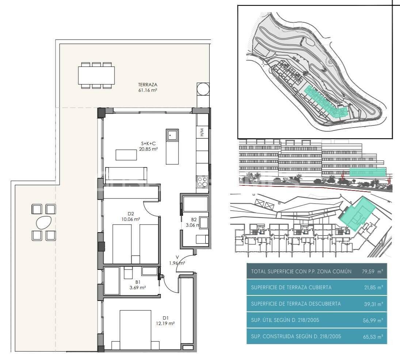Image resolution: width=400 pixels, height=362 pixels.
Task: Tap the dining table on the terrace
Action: point(97,75)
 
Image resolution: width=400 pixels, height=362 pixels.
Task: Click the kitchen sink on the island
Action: point(172,136)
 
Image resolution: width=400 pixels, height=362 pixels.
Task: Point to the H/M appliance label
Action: point(202,132)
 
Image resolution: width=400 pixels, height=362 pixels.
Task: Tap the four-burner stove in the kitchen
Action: point(202,182)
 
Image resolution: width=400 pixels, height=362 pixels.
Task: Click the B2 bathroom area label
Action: point(194,222)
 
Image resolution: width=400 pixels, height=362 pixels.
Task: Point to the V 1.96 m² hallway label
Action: point(177,260)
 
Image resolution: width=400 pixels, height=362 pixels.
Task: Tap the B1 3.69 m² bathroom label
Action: point(138,285)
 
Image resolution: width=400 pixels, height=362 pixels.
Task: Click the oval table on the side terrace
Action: point(44,222)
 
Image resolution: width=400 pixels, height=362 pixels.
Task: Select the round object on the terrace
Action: point(203,89)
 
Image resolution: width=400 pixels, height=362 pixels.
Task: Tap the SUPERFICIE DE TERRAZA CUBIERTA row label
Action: point(291,287)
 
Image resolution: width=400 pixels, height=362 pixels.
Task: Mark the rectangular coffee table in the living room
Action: point(126,155)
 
